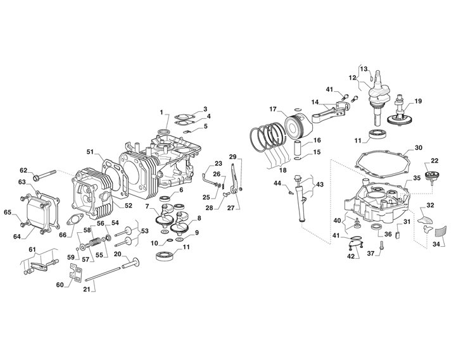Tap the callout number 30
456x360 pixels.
click(x=419, y=148)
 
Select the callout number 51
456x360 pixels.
click(x=90, y=152)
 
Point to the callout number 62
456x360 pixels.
click(x=23, y=170)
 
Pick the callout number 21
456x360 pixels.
click(x=87, y=289)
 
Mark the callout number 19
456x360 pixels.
click(x=417, y=101)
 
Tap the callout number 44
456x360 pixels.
click(x=277, y=183)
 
